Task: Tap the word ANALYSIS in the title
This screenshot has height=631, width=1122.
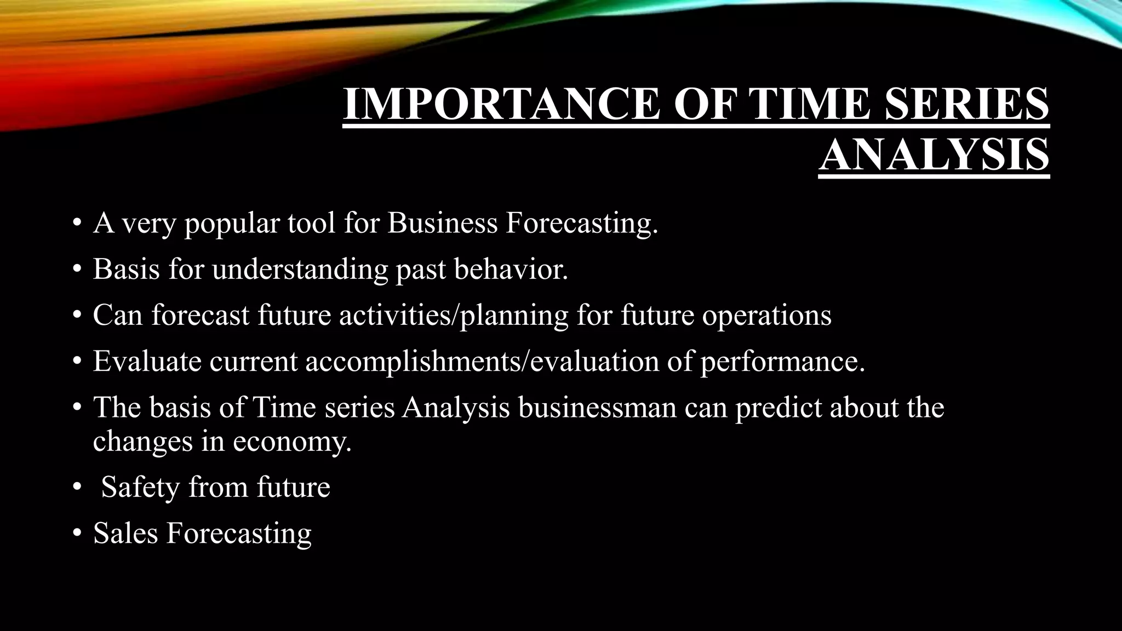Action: coord(934,154)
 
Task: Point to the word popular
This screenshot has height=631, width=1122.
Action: coord(232,224)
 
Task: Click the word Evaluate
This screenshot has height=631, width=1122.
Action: coord(147,361)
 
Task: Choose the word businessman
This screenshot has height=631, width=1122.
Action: coord(597,408)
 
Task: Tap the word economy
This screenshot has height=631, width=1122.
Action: coord(292,441)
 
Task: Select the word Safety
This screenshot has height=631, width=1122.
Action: coord(141,487)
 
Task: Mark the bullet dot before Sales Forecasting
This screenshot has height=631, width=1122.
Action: coord(77,533)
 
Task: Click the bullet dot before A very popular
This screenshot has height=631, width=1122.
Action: coord(77,223)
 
